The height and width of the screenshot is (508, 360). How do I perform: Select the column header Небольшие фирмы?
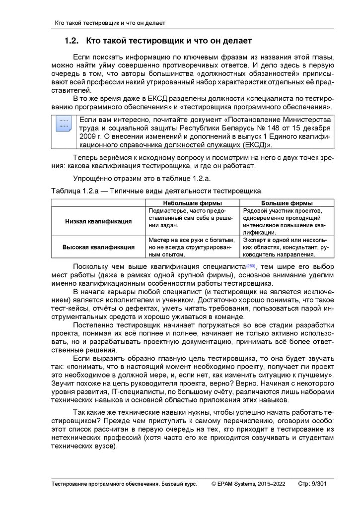192,203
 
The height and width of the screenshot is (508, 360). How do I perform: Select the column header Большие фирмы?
287,203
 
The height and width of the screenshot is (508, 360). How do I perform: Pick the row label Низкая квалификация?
98,221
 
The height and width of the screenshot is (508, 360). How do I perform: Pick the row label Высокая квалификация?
98,247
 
